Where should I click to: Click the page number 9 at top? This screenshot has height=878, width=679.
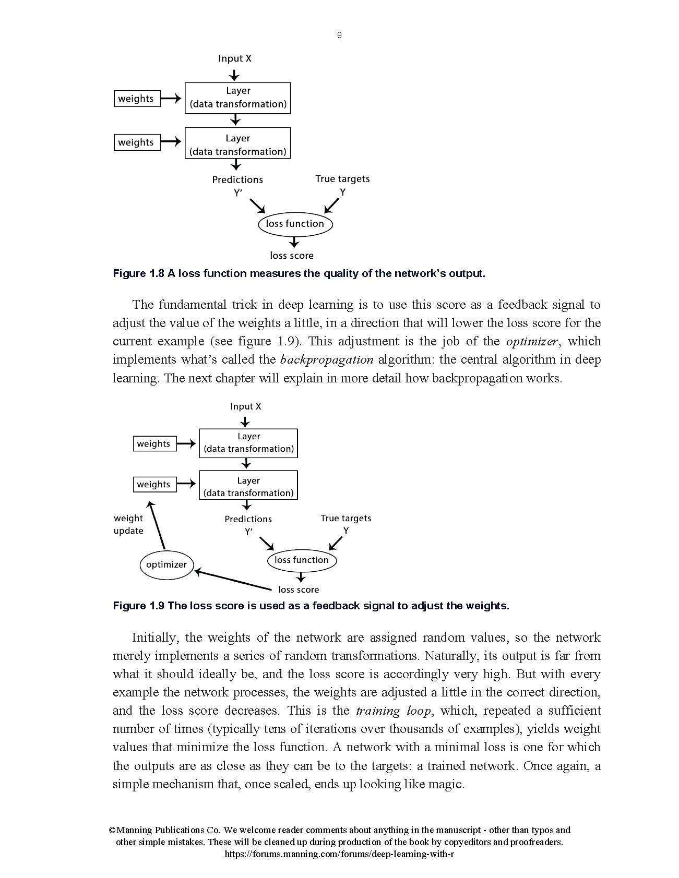(x=339, y=35)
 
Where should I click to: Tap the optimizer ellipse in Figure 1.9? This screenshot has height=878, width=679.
(x=166, y=564)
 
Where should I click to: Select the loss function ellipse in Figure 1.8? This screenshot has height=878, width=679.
(x=295, y=224)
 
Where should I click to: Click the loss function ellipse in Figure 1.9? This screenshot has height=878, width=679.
(x=302, y=560)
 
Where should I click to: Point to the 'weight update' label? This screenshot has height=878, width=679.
(x=128, y=524)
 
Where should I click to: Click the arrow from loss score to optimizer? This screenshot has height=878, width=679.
(x=233, y=581)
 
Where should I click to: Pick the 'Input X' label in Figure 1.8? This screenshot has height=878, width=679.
(x=235, y=58)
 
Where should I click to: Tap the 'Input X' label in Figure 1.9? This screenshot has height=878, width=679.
(x=246, y=406)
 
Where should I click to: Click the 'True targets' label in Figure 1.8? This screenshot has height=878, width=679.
(x=342, y=179)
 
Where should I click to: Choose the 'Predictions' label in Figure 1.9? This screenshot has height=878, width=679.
(x=248, y=519)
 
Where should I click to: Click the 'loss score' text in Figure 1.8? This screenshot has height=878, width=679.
(x=292, y=256)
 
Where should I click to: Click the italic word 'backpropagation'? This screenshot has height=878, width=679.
(x=327, y=360)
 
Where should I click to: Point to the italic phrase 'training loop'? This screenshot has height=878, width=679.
(x=394, y=711)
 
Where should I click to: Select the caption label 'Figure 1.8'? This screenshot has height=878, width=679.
(x=138, y=273)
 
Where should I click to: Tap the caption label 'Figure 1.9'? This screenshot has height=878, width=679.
(x=138, y=606)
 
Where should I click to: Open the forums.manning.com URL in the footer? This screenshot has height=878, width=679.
(x=339, y=854)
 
